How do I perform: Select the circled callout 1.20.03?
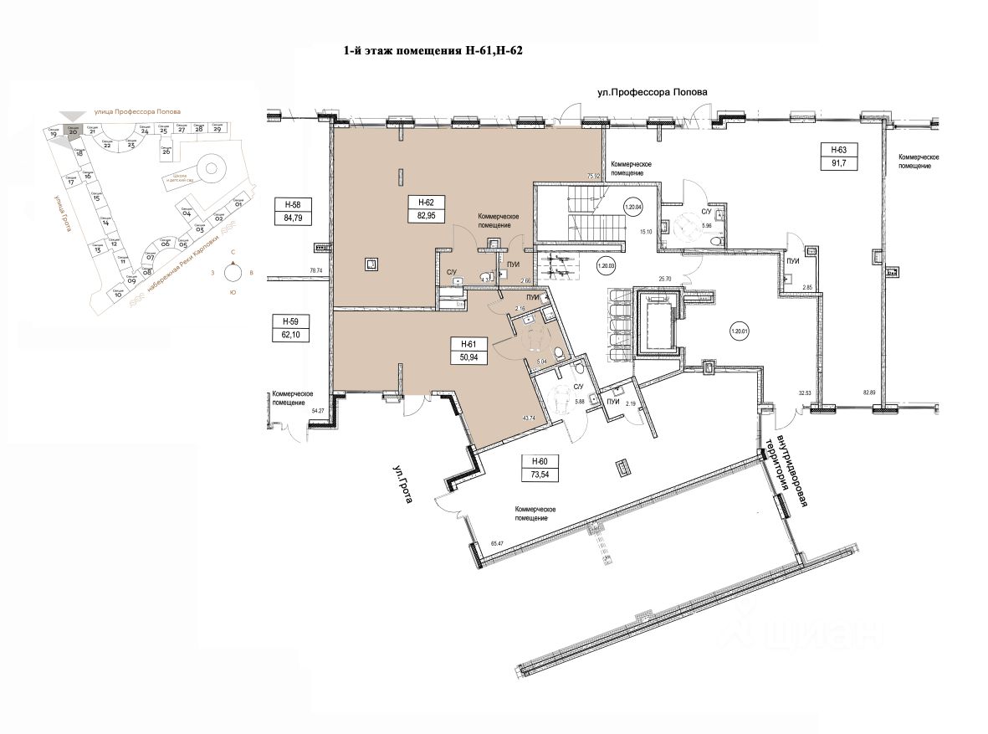[x=606, y=267]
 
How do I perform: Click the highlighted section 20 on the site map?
[x=74, y=130]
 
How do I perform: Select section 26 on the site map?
[x=165, y=151]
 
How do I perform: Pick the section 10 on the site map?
[x=118, y=294]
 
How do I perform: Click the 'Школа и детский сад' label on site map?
[x=180, y=178]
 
